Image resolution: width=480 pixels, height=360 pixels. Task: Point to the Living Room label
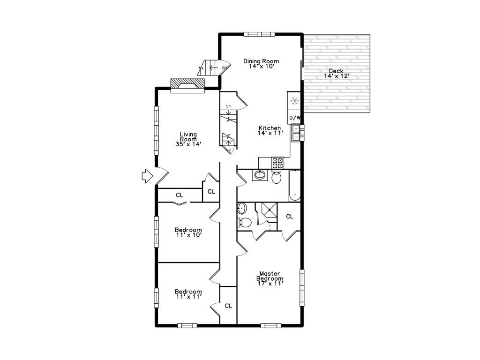(188, 139)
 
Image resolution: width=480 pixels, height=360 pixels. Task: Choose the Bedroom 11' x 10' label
(188, 232)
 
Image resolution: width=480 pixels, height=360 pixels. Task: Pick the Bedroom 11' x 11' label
(188, 294)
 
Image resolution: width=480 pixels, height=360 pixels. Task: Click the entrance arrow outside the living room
(147, 176)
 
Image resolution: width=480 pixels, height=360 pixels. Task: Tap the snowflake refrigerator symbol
(294, 101)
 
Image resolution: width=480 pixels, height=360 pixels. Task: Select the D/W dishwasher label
(294, 118)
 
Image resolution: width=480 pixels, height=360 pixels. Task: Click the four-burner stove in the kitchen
(277, 163)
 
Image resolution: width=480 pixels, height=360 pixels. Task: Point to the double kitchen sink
(296, 133)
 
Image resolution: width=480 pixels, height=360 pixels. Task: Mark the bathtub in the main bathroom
(294, 186)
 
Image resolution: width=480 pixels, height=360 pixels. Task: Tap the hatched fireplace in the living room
(187, 84)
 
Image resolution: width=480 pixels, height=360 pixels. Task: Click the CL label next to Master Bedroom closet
(290, 217)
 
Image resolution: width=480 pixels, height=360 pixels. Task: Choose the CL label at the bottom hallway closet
(228, 306)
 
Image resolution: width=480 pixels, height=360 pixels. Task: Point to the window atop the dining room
(259, 34)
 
